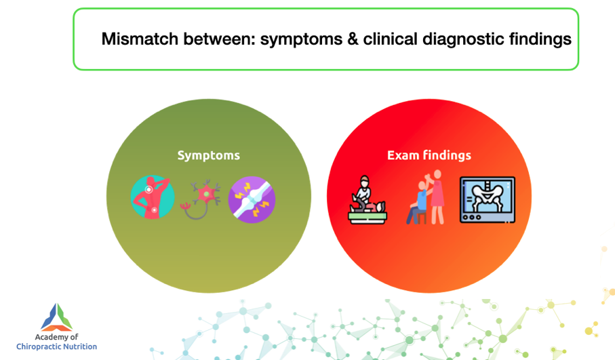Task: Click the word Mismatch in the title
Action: [140, 39]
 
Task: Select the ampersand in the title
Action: [353, 39]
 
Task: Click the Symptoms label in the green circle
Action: [209, 156]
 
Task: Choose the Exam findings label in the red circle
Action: [429, 155]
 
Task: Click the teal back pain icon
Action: [153, 197]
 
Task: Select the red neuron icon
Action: [201, 199]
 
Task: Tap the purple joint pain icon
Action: [252, 199]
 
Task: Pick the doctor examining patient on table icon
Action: [368, 200]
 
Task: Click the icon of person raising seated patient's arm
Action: [426, 197]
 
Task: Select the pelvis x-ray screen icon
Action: [488, 200]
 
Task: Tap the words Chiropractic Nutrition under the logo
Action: [56, 346]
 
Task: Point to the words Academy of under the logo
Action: [56, 337]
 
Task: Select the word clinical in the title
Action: [391, 39]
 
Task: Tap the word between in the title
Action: [220, 39]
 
